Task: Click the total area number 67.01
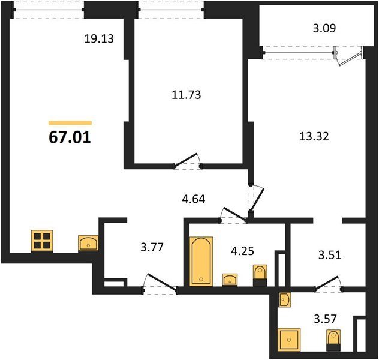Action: click(x=70, y=137)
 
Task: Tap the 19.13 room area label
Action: click(x=99, y=38)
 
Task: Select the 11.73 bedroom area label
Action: click(x=187, y=95)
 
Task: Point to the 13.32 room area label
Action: click(x=314, y=136)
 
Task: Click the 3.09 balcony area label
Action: click(x=324, y=28)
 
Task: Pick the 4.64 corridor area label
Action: click(x=194, y=199)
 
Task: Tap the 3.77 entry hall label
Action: click(x=152, y=247)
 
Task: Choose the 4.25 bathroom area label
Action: click(x=242, y=251)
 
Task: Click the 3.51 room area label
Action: click(x=330, y=255)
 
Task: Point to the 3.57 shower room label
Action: click(x=326, y=319)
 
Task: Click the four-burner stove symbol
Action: click(x=42, y=241)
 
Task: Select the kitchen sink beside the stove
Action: click(x=88, y=243)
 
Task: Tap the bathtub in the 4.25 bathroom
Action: click(x=201, y=262)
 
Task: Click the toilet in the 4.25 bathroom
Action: click(x=260, y=275)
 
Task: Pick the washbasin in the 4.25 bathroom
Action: click(x=230, y=280)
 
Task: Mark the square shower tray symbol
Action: click(x=289, y=340)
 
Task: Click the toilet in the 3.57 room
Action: click(x=333, y=340)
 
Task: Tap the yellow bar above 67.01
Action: click(x=70, y=123)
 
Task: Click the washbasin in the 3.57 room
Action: click(x=284, y=300)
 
